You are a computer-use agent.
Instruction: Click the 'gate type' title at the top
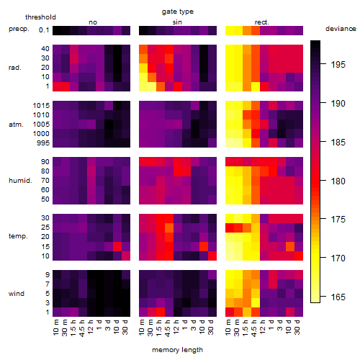[178, 12]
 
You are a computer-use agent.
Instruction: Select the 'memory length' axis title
[177, 350]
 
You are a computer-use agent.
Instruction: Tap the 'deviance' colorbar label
[341, 29]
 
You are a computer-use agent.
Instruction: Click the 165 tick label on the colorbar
[338, 297]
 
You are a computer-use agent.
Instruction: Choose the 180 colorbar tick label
[338, 181]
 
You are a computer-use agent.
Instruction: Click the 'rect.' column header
[261, 22]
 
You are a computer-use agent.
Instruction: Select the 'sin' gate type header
[177, 22]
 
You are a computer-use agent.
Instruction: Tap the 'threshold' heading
[40, 17]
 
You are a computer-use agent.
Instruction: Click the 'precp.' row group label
[19, 30]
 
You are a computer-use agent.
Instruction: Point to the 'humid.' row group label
[20, 181]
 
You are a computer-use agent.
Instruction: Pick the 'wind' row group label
[17, 294]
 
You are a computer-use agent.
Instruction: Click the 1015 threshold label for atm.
[41, 106]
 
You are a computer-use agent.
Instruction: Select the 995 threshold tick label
[43, 143]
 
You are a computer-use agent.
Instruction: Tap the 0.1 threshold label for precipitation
[44, 30]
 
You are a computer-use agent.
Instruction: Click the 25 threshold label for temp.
[45, 228]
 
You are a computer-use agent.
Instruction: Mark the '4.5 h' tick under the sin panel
[168, 328]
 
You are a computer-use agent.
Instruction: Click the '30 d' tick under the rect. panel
[297, 327]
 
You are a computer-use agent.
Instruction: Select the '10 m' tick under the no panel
[55, 328]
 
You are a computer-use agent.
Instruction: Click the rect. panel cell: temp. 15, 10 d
[290, 246]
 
